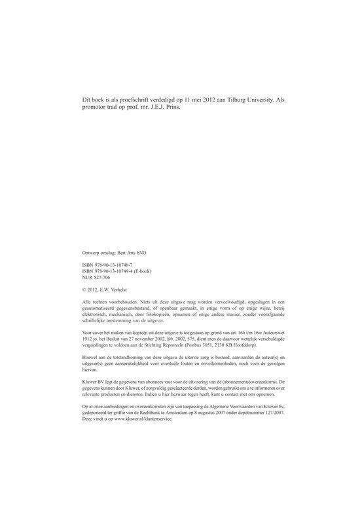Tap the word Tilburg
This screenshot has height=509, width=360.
click(232, 99)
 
